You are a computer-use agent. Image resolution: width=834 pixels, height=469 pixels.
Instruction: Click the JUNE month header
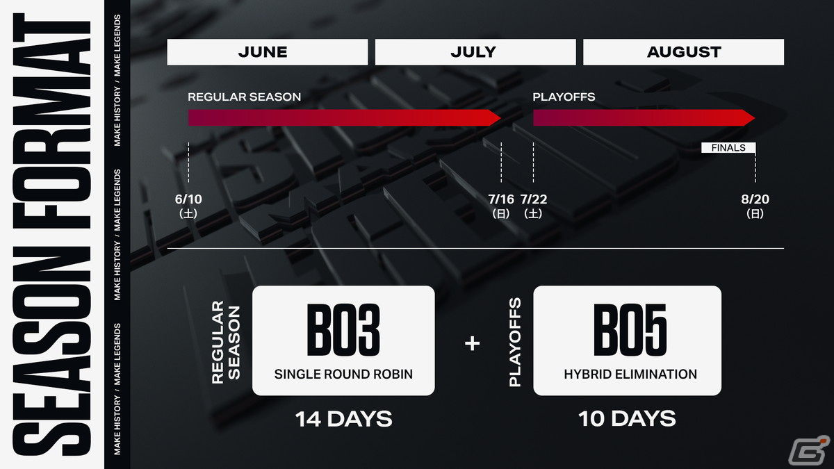[x=268, y=52]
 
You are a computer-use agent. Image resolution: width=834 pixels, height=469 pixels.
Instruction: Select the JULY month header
[x=475, y=52]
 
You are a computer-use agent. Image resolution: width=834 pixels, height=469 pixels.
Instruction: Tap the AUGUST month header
[x=684, y=52]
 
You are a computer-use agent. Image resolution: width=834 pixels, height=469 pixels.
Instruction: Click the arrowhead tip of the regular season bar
[x=501, y=118]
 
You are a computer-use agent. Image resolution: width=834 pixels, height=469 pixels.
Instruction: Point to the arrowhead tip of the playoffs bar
[x=755, y=118]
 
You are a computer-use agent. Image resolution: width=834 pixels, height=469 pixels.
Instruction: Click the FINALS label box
[x=728, y=148]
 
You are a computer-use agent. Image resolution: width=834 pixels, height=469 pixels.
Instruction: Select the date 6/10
[x=188, y=199]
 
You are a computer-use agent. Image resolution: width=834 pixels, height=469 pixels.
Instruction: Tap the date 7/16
[x=501, y=199]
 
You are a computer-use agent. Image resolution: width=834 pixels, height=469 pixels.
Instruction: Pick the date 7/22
[x=534, y=199]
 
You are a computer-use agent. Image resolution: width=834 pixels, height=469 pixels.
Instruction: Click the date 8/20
[x=755, y=199]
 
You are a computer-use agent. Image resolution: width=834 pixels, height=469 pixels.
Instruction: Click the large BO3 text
[x=343, y=330]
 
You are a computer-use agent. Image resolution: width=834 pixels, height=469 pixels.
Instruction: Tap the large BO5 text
[x=630, y=330]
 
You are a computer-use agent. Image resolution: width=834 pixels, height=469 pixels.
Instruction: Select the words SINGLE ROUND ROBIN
[x=343, y=374]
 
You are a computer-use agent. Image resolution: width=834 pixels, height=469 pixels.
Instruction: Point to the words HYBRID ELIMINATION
[x=630, y=374]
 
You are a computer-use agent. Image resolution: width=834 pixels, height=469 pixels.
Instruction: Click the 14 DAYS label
[x=343, y=419]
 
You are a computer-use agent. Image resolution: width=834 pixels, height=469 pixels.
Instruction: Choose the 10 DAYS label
[x=627, y=419]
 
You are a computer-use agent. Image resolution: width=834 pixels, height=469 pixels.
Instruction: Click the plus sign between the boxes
[x=473, y=343]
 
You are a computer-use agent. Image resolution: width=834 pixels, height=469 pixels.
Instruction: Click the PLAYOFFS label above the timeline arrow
[x=564, y=97]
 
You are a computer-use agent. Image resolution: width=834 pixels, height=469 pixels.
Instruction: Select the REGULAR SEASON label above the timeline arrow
[x=244, y=97]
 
